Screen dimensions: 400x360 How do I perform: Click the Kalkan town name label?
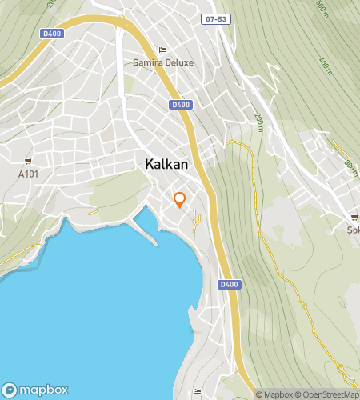pos(166,164)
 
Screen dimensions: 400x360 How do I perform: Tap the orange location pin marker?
pos(180,200)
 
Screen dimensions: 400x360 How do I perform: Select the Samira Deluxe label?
pos(164,63)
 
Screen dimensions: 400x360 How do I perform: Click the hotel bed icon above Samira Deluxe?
pos(163,50)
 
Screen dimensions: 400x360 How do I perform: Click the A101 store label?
pos(28,174)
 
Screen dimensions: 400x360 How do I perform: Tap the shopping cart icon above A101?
pos(28,162)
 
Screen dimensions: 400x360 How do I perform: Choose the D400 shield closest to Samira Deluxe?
pos(181,105)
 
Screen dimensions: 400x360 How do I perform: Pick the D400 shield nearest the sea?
pos(229,285)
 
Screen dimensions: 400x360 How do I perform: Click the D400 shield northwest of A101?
pos(51,33)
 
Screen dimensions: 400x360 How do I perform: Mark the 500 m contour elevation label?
pos(322,9)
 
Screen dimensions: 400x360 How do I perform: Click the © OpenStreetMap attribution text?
pos(328,394)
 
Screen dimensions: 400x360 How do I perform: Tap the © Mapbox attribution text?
pos(274,394)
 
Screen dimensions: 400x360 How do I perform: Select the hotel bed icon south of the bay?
pos(197,390)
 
